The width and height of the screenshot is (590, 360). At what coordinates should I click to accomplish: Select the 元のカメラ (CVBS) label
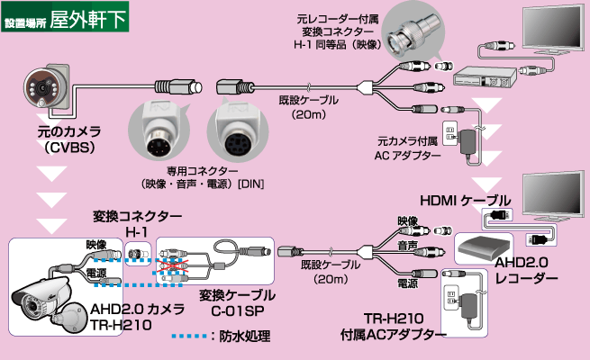[x=50, y=139]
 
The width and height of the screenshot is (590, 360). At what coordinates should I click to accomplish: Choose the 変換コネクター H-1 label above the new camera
[x=137, y=224]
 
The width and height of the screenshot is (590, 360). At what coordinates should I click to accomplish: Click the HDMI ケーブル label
[x=465, y=199]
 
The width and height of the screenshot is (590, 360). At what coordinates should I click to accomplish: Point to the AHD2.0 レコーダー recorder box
[x=487, y=245]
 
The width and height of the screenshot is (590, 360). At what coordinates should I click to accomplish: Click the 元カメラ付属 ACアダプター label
[x=409, y=148]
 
